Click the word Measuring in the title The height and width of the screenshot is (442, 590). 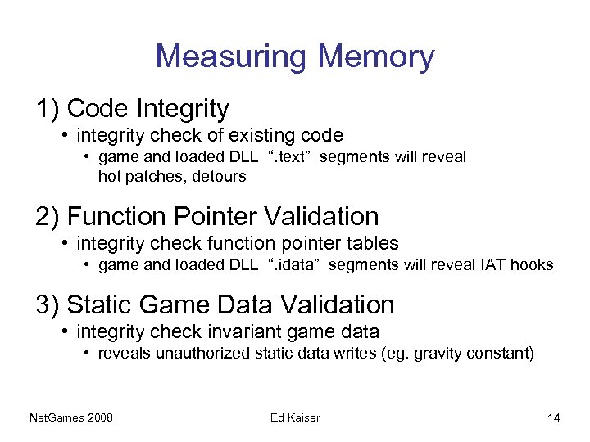point(230,56)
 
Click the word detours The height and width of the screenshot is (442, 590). point(220,175)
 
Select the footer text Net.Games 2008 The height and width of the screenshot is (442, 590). point(70,418)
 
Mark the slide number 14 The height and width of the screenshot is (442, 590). point(554,418)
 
